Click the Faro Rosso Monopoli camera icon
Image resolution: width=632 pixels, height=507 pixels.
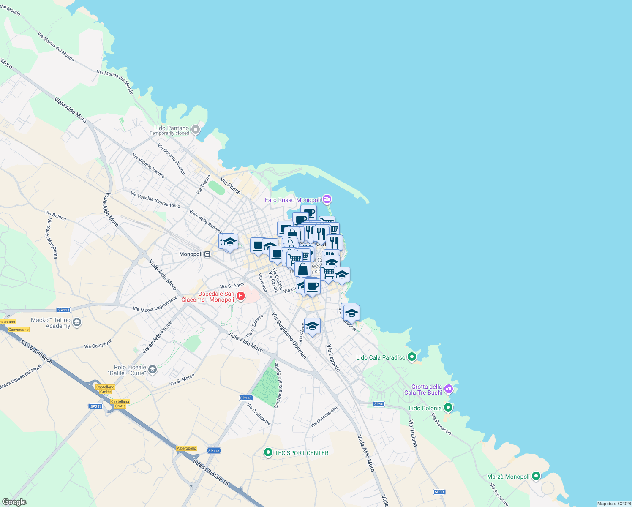click(327, 199)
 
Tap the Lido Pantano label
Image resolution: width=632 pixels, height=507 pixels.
click(172, 128)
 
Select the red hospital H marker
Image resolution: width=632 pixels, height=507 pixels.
click(241, 296)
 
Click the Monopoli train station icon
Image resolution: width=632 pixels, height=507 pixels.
click(207, 254)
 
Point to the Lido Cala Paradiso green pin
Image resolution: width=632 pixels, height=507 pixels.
click(412, 357)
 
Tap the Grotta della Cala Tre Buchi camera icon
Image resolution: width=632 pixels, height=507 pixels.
click(449, 389)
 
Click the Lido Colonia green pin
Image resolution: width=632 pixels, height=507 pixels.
click(448, 408)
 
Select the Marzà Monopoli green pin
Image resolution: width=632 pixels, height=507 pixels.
click(536, 476)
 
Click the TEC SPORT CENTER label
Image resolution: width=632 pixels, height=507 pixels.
click(301, 453)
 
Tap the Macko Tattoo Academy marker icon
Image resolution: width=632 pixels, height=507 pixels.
click(76, 323)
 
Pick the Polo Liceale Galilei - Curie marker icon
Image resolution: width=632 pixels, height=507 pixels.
click(153, 370)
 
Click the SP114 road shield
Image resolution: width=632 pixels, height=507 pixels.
click(64, 310)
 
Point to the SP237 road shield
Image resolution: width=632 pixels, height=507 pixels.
click(96, 406)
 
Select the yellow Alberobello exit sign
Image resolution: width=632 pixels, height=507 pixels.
click(187, 448)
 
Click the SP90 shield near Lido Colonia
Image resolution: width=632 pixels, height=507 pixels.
click(379, 404)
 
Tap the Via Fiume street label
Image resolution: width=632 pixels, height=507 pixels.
click(231, 186)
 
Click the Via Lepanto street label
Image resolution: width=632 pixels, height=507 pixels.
click(333, 358)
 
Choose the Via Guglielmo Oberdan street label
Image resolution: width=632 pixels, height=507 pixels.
click(289, 335)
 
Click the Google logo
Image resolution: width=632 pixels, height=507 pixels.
click(14, 502)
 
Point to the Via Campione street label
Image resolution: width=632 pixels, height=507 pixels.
click(98, 343)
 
